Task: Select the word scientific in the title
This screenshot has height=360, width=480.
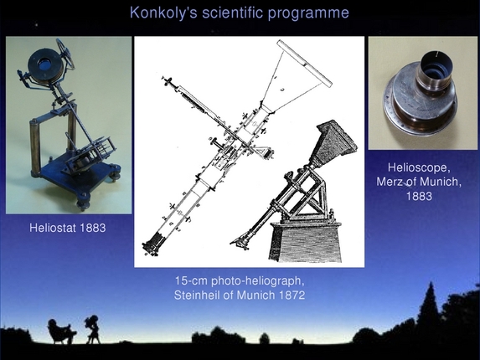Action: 231,13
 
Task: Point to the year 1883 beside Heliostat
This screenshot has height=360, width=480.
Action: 91,227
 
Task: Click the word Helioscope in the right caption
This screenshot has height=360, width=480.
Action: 422,168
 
